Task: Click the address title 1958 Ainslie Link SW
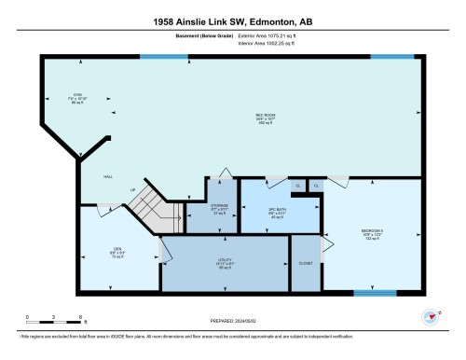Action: coord(232,22)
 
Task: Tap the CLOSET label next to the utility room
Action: coord(305,263)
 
